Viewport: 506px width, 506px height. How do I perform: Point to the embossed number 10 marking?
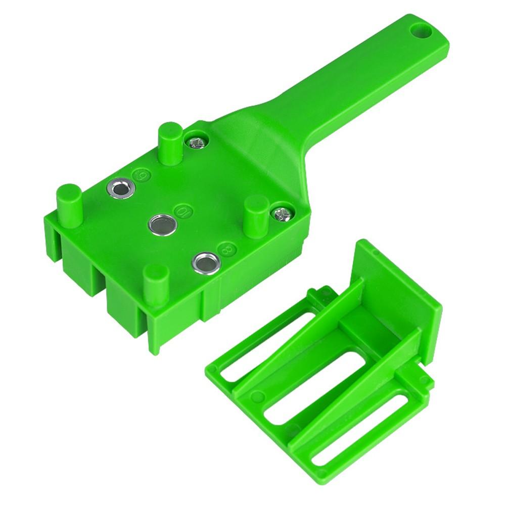178,208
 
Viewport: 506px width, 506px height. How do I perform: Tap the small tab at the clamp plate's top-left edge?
319,296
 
